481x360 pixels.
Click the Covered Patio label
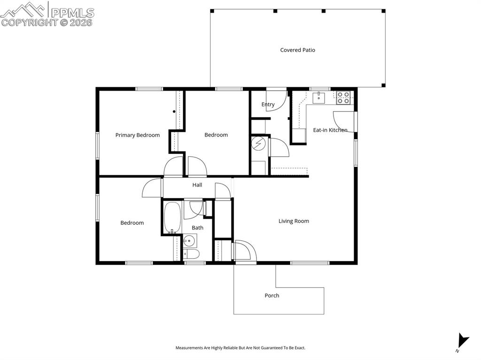297,50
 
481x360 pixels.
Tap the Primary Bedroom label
138,135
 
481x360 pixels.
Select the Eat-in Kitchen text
330,130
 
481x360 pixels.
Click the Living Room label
294,221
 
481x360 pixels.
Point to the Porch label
272,296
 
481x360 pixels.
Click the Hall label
197,185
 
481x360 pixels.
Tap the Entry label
268,105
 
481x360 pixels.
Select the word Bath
197,228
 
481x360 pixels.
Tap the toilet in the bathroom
191,254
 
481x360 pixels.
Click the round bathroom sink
190,241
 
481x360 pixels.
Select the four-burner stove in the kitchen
343,98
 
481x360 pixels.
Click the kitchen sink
319,97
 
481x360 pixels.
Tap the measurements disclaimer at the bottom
240,348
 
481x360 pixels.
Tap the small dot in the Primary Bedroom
174,112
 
